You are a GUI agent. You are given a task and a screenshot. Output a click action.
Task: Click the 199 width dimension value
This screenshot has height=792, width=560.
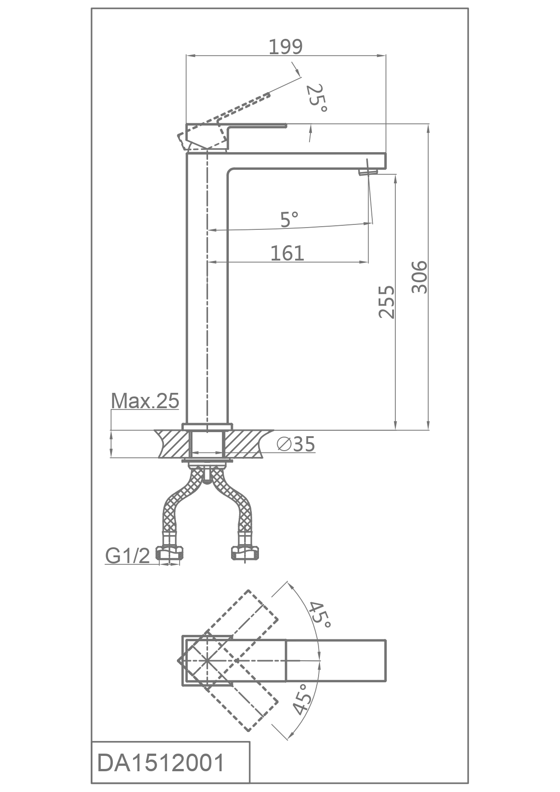(x=286, y=47)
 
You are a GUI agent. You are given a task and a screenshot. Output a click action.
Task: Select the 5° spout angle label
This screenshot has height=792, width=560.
(x=289, y=219)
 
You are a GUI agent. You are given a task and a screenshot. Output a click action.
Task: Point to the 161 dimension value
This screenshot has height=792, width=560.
(x=287, y=253)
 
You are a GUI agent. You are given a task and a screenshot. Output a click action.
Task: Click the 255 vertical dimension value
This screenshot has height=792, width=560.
(x=387, y=302)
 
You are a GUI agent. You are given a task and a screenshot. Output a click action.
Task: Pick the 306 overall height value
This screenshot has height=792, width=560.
(x=419, y=277)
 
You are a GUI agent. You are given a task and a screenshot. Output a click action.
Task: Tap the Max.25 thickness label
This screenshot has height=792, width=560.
(x=145, y=401)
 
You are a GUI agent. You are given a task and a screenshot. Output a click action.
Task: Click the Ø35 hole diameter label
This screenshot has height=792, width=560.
(x=296, y=444)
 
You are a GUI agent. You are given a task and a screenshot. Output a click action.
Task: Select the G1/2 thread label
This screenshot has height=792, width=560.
(x=127, y=556)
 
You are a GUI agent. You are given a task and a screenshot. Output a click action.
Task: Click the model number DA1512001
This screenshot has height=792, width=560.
(x=161, y=763)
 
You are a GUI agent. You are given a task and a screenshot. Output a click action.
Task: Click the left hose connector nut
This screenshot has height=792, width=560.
(x=171, y=554)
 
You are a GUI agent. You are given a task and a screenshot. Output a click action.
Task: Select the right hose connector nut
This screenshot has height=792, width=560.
(x=245, y=554)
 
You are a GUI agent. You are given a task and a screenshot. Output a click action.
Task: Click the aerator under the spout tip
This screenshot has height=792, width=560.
(x=367, y=172)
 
